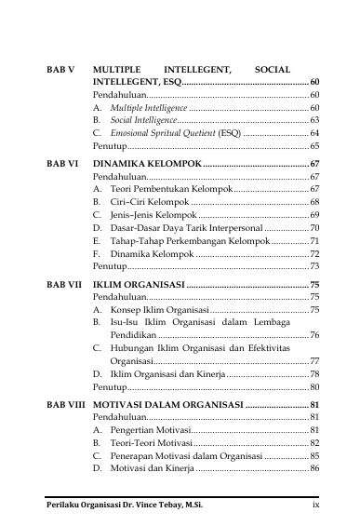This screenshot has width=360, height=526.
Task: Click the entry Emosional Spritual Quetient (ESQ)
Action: (x=169, y=134)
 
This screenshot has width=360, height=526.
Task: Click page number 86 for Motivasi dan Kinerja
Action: (x=314, y=468)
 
